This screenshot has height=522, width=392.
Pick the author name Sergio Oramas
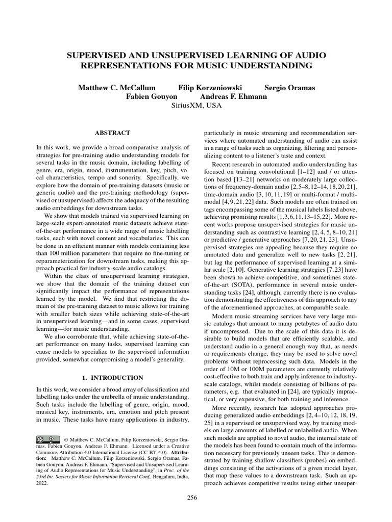coord(289,88)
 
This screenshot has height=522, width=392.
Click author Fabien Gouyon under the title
coord(149,96)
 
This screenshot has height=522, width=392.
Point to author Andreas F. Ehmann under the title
coord(233,96)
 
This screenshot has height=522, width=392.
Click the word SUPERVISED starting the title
coord(95,55)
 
